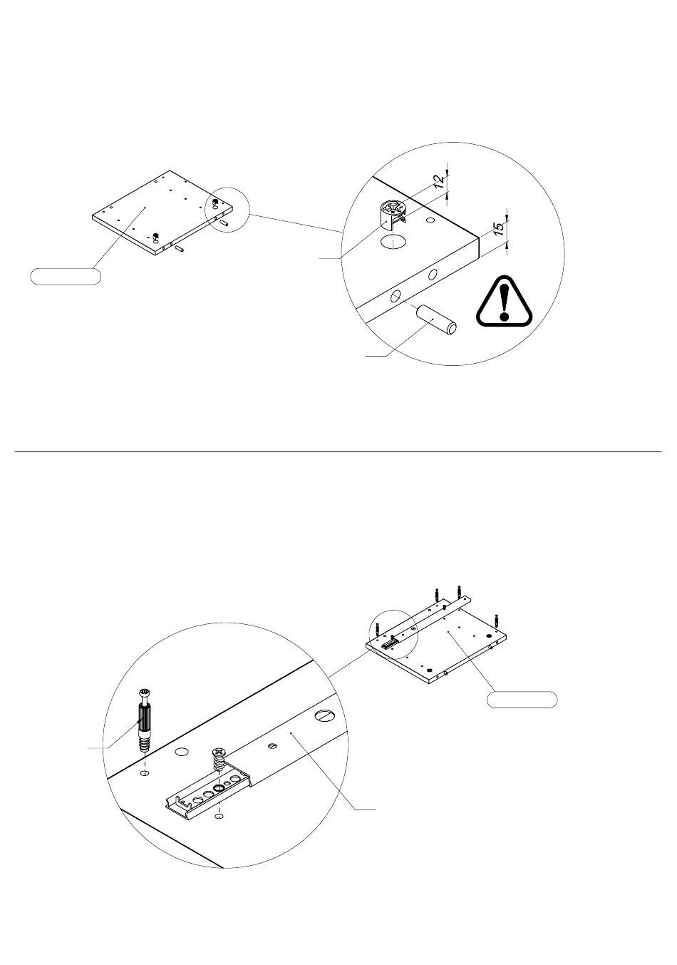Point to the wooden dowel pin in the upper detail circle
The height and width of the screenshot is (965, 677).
point(436,319)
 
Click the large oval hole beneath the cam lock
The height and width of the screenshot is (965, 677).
point(393,242)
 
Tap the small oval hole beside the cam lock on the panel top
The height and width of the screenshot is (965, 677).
point(430,220)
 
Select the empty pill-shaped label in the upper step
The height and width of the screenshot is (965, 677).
point(66,276)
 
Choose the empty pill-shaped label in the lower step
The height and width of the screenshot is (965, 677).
point(522,700)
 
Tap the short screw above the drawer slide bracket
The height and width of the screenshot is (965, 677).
point(219,761)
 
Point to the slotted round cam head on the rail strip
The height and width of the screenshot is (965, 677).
point(326,716)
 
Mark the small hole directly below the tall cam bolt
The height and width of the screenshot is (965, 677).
point(145,773)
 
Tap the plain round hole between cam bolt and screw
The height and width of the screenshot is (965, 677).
point(182,752)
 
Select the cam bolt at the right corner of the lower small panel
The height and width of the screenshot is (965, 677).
point(496,621)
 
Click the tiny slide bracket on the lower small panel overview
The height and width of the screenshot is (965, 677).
point(390,643)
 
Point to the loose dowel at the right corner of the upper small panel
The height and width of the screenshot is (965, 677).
point(224,223)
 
